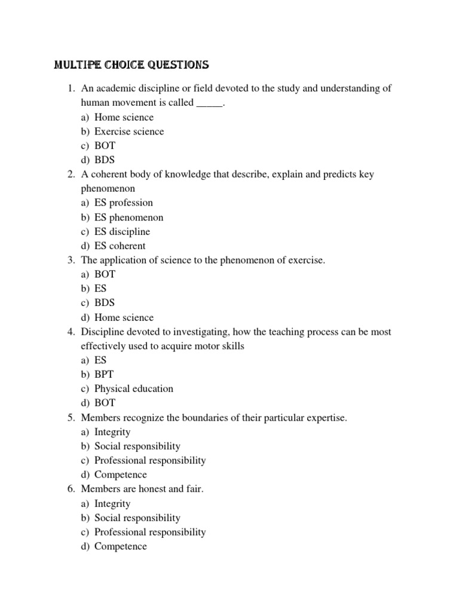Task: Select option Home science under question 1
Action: [124, 117]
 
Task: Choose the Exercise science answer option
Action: [129, 131]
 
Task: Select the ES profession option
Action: [124, 203]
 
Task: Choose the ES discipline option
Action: [123, 231]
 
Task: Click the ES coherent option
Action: [120, 246]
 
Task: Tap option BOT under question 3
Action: [105, 274]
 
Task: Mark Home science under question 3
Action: [124, 317]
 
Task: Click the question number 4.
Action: [71, 332]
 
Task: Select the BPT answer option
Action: [105, 375]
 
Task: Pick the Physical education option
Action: [134, 388]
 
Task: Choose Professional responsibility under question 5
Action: [150, 460]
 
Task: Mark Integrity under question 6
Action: [112, 503]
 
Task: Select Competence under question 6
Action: [121, 546]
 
